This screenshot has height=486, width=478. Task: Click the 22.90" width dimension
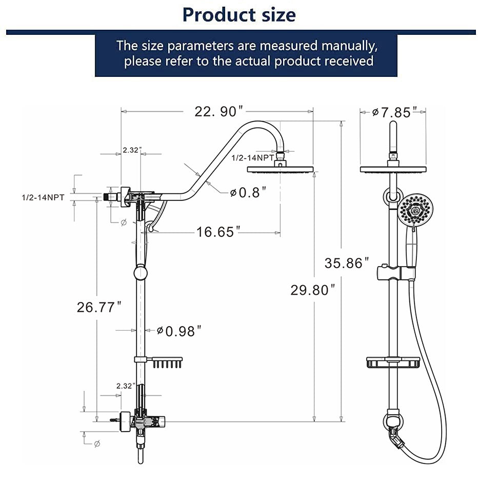click(x=218, y=111)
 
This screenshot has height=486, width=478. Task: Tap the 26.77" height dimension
click(x=99, y=307)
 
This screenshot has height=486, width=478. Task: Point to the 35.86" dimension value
click(x=347, y=263)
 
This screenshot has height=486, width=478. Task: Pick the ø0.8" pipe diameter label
click(x=248, y=192)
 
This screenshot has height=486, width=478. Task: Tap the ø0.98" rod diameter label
click(x=176, y=331)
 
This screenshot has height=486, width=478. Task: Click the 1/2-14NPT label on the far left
click(x=43, y=197)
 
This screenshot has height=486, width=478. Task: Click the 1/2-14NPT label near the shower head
click(x=252, y=158)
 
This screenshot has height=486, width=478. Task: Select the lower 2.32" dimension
click(x=126, y=386)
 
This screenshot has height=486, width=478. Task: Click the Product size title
click(x=239, y=14)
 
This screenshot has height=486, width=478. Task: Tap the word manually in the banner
click(x=349, y=45)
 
